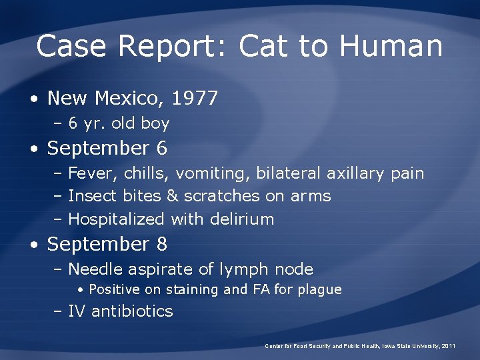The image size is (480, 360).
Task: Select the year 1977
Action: pos(195,99)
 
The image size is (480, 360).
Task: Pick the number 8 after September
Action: pos(162,244)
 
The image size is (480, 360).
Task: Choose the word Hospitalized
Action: pos(117,219)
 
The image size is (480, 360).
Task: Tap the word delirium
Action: pos(243,219)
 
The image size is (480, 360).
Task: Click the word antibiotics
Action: pos(132,311)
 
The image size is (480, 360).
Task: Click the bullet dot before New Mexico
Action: pos(33,99)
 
